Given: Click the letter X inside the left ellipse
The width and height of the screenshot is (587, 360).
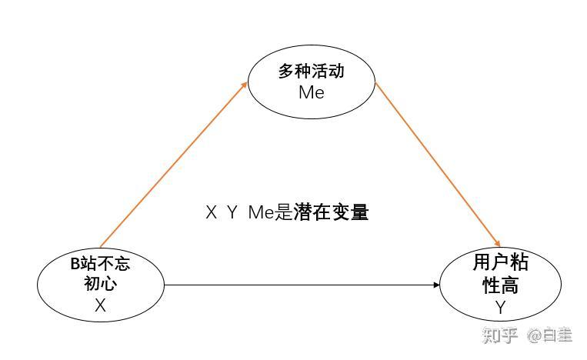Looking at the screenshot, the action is coord(100,305).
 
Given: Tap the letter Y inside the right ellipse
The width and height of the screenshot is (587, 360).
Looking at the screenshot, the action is coord(501,307).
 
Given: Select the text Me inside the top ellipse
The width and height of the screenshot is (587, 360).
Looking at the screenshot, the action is coord(311,92).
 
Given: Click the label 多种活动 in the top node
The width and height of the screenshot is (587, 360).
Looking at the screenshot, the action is coord(311,72).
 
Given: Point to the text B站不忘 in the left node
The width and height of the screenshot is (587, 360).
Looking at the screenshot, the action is coord(100,264).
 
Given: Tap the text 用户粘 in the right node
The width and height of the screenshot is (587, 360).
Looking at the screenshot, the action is coord(501,263).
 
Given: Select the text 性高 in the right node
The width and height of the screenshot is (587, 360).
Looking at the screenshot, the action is coord(501,285).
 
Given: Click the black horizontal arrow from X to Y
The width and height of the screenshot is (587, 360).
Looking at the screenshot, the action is coord(300,285).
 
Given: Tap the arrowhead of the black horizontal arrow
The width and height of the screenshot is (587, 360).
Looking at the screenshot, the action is coord(436,285).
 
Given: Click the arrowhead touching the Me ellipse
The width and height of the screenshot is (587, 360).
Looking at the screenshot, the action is coord(244,83).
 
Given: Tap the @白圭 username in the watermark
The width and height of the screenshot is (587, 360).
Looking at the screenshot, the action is coord(549,335).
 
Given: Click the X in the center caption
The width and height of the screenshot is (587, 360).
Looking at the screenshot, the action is coord(212,213).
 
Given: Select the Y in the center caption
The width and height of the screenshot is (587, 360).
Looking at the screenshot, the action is coord(232,213).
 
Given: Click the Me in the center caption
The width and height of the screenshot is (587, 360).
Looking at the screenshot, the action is coord(260,213).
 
